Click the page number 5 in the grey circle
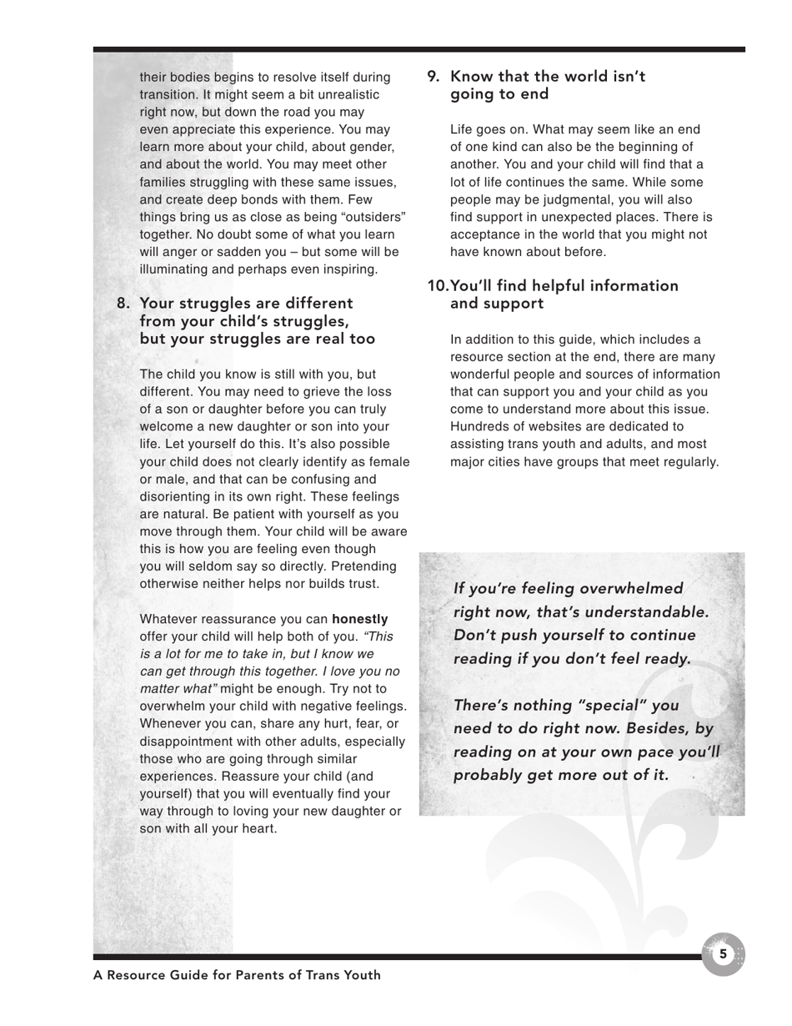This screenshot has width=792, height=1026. coord(723,953)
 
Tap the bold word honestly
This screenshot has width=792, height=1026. coord(360,619)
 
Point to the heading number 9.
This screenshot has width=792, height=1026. coord(434,77)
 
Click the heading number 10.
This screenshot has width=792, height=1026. coord(438,286)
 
